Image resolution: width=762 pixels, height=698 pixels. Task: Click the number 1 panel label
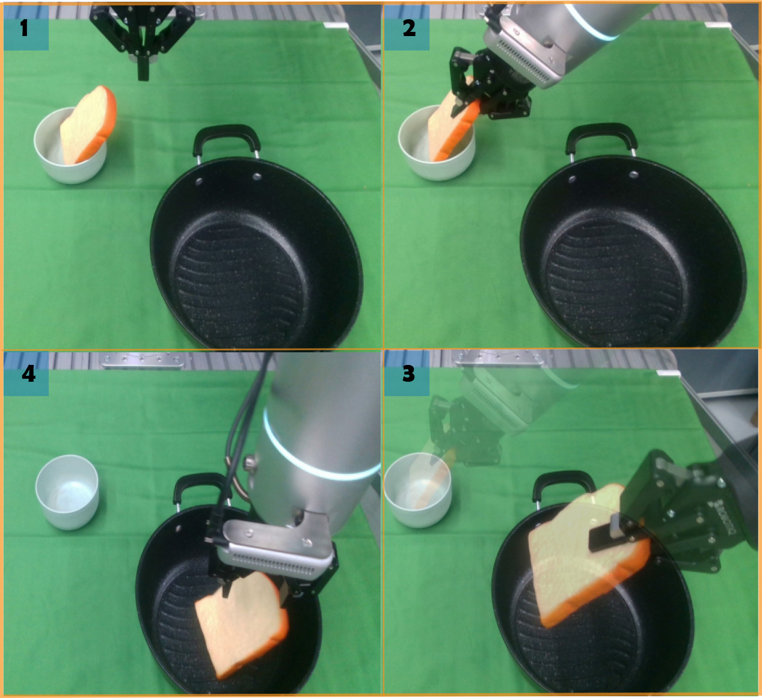click(x=24, y=28)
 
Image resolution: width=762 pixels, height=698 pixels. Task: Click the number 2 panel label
click(x=409, y=28)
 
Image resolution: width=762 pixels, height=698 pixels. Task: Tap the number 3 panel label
click(x=409, y=374)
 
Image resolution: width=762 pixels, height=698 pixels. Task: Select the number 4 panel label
click(x=29, y=374)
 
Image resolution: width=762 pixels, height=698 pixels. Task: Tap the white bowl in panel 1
click(x=70, y=146)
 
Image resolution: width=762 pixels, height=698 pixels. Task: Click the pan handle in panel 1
click(x=227, y=139)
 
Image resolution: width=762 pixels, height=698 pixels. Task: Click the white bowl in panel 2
click(x=437, y=146)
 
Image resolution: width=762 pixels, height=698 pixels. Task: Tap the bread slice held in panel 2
click(x=452, y=121)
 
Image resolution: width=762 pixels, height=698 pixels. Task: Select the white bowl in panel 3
click(x=417, y=490)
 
